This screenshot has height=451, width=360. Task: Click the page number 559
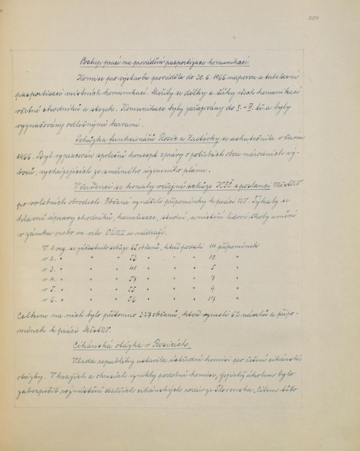coord(313,18)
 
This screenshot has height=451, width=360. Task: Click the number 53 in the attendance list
coord(133,259)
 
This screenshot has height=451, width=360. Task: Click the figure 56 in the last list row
coord(133,300)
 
